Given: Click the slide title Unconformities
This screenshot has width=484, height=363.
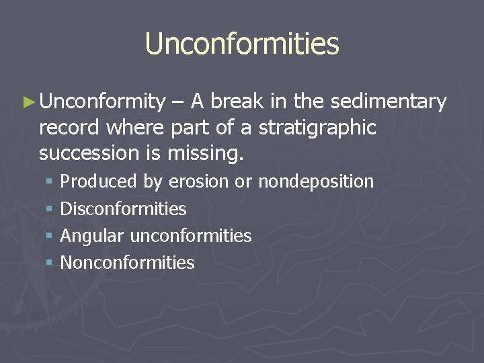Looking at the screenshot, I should [242, 44].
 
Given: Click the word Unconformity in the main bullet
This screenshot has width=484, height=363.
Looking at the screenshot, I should [102, 102].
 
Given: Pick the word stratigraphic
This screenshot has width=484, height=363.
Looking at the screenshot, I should [318, 127].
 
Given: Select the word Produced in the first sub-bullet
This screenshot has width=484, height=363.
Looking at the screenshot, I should [99, 182].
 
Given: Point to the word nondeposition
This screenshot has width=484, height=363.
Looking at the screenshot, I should [316, 182].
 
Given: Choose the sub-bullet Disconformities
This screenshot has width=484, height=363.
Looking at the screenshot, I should [123, 209].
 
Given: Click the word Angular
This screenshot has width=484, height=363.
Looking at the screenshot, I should [92, 237].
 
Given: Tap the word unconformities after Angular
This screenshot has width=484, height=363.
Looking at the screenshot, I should [190, 236].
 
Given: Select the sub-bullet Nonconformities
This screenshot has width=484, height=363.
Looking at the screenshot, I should [127, 263].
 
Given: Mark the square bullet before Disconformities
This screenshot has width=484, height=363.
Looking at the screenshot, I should [49, 210].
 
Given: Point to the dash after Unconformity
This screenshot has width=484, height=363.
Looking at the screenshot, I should [177, 102].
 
